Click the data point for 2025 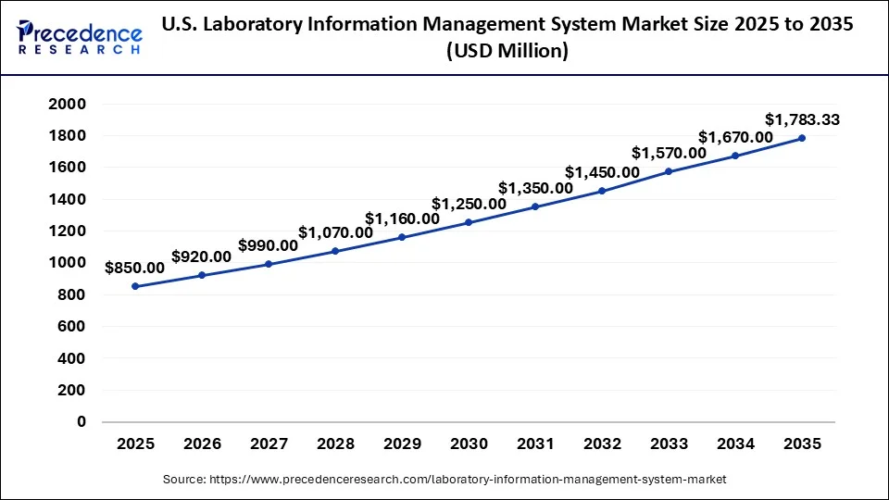[135, 286]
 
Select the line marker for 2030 [469, 222]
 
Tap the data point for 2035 [802, 138]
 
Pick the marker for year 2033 [669, 171]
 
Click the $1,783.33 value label [802, 119]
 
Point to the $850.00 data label [135, 268]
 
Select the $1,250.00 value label [469, 204]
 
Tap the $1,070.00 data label [335, 232]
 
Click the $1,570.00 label [669, 153]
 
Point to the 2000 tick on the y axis [68, 104]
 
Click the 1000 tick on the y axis [68, 263]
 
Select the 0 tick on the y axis [81, 421]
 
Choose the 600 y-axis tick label [72, 326]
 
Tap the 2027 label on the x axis [269, 444]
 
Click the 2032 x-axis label [602, 444]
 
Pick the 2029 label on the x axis [402, 444]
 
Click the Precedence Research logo [80, 36]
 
